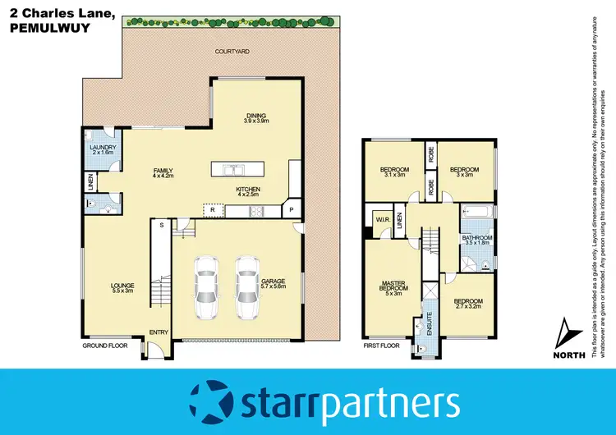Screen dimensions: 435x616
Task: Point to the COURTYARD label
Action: (232, 51)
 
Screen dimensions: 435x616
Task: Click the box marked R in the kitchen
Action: (212, 211)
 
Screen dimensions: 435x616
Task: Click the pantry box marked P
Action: (291, 210)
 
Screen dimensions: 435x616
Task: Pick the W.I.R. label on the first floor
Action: (382, 220)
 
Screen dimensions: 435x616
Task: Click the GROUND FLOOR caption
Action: (106, 346)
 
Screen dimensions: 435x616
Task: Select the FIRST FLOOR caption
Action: (381, 346)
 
